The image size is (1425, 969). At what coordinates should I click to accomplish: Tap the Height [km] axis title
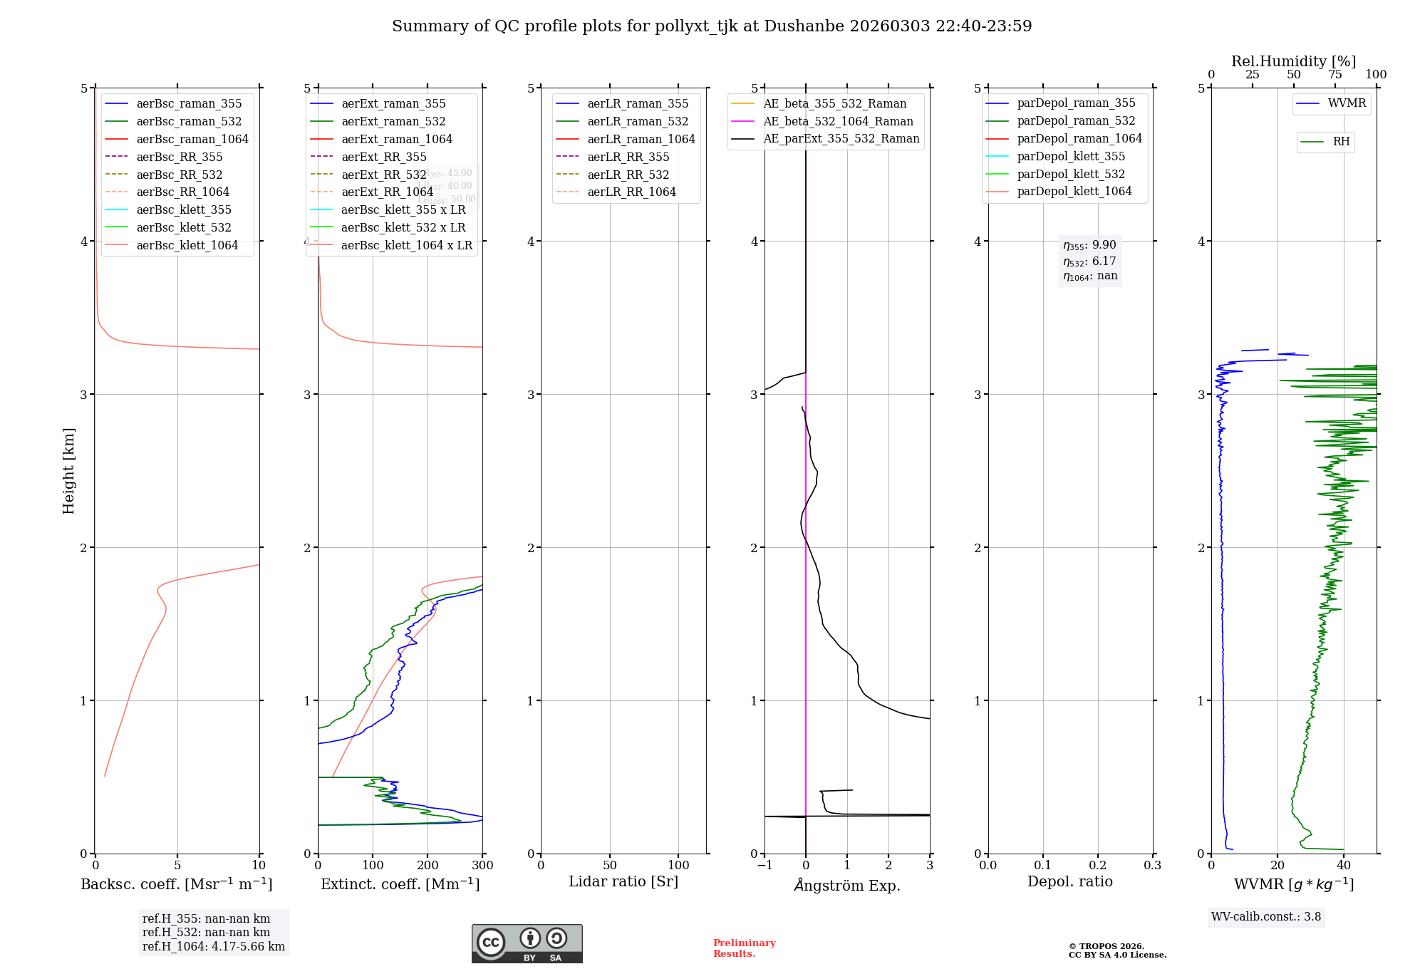click(68, 471)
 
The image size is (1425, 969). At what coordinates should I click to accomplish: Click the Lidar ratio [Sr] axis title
click(623, 882)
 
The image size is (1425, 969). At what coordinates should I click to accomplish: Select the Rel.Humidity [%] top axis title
click(1293, 62)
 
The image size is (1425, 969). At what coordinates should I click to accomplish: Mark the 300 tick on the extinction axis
click(482, 866)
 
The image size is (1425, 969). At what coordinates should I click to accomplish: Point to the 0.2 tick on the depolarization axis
click(1098, 866)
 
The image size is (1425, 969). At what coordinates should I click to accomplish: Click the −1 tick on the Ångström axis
click(765, 866)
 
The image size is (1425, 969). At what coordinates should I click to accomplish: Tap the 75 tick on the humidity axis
click(1335, 75)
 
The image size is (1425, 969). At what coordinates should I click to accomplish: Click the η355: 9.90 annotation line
click(1089, 246)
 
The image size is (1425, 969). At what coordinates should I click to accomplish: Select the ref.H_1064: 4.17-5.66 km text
click(213, 947)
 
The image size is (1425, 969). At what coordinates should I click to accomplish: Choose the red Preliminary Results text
click(744, 948)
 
